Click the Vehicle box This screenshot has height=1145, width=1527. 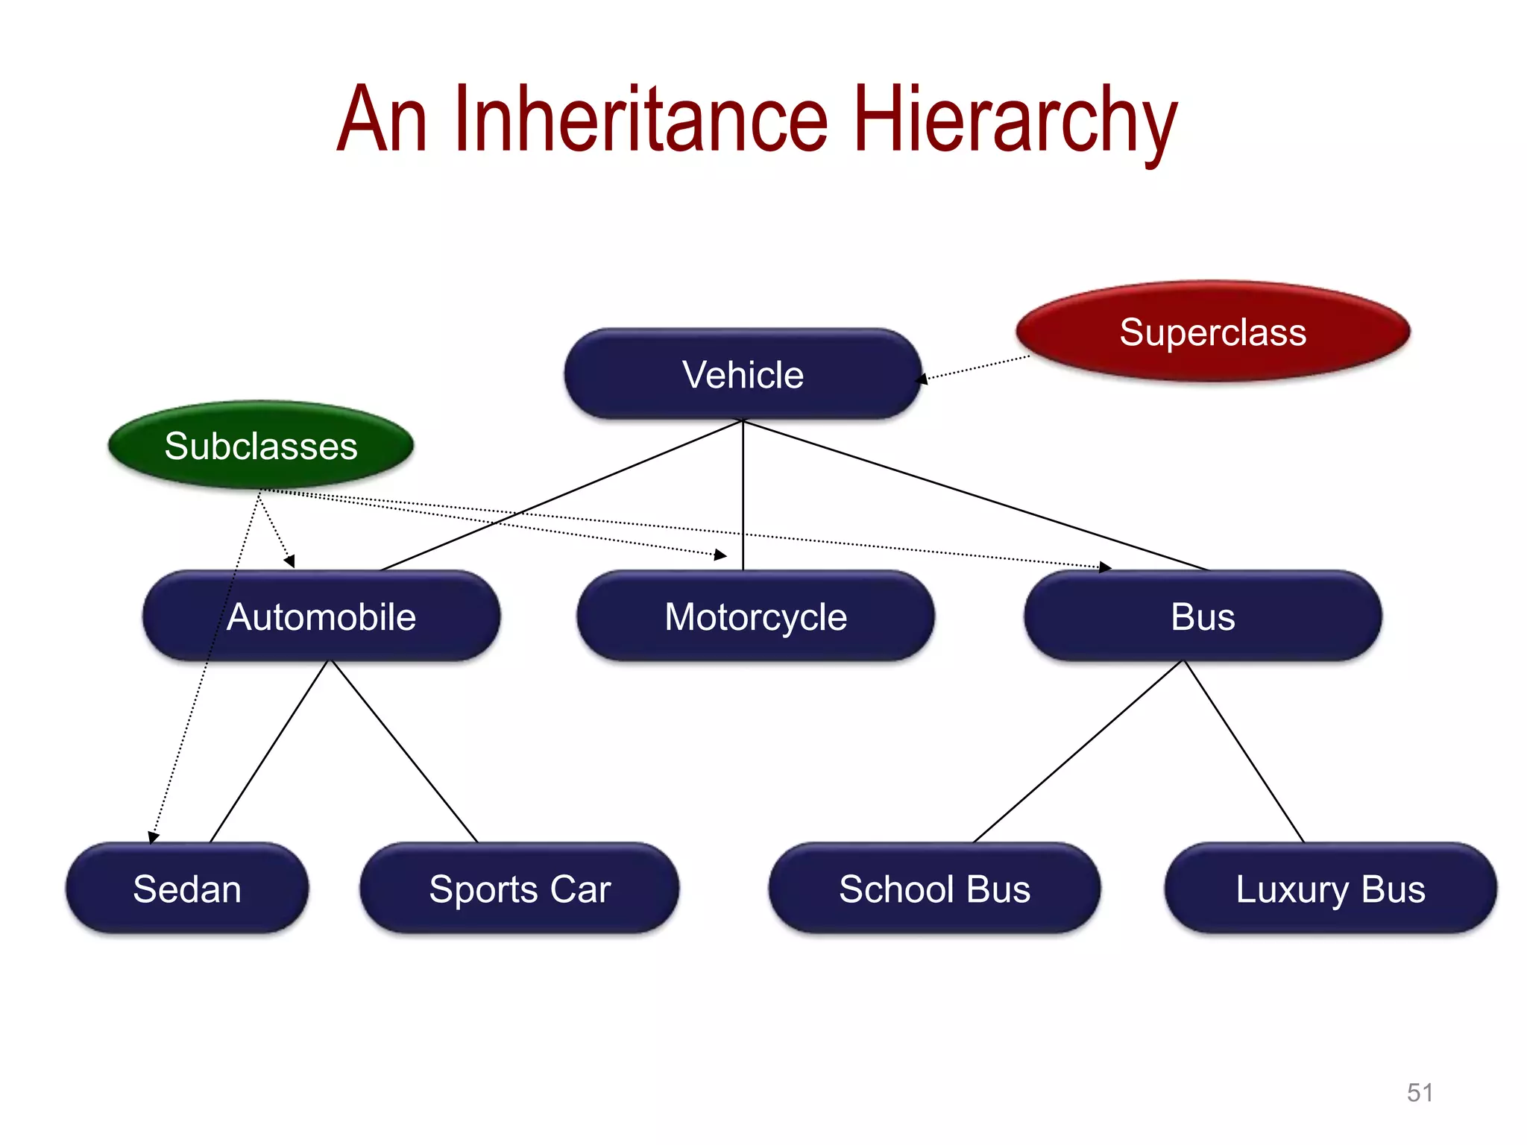743,374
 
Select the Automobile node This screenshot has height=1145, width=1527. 321,616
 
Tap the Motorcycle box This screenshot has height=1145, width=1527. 755,616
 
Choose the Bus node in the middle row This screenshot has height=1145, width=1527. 1203,616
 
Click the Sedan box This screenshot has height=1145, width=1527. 187,889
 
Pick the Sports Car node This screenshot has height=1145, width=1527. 520,889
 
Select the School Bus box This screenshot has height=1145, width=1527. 934,889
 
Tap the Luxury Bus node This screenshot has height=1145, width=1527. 1330,889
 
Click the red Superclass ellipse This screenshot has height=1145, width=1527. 1212,332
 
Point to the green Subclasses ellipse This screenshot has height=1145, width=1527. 261,446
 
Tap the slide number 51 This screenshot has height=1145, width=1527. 1420,1093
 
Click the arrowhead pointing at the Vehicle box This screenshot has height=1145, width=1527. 922,379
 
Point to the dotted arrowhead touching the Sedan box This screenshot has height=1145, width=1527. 153,838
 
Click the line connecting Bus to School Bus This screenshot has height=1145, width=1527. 1079,751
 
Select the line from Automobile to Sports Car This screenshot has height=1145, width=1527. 404,751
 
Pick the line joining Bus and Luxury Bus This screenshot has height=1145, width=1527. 1244,751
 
